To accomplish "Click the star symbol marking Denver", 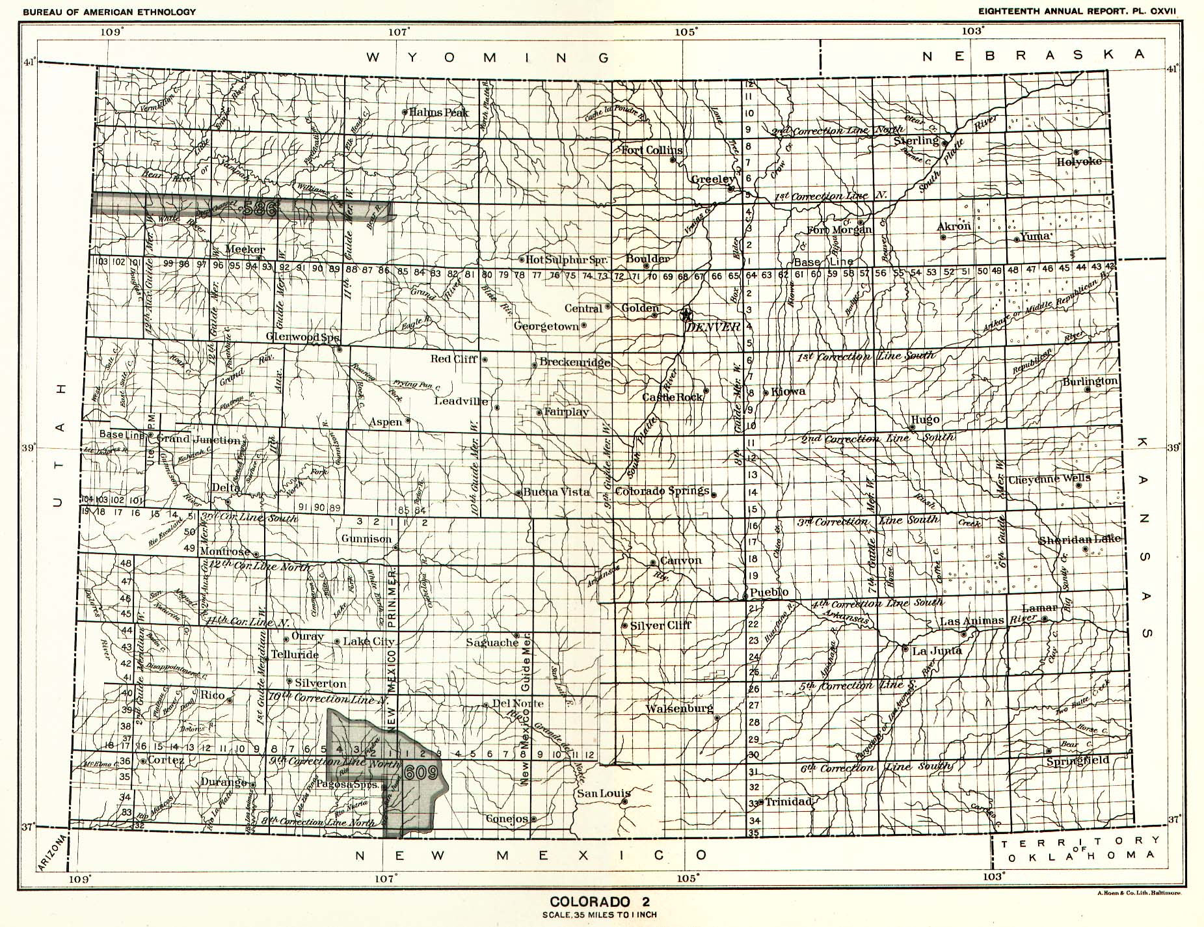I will [685, 315].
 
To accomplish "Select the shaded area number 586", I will [262, 208].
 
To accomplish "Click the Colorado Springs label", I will [662, 491].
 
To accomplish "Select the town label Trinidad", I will [789, 801].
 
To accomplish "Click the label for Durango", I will [224, 781].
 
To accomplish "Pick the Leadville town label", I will [461, 401].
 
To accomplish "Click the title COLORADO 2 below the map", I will [599, 902].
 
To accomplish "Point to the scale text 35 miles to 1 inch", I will [599, 914].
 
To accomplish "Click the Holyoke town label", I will [1078, 161].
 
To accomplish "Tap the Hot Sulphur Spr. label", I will [566, 260].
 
